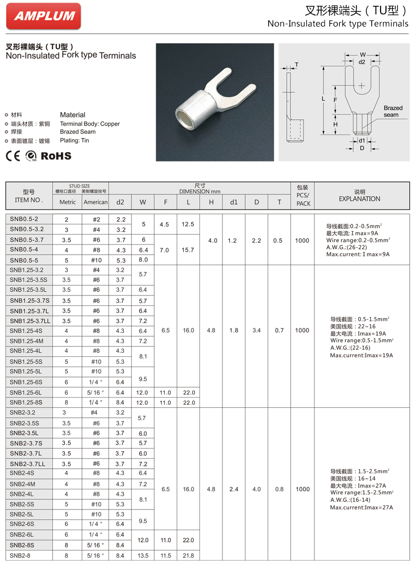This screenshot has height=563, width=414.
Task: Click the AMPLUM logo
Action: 44,16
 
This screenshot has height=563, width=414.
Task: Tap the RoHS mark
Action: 55,156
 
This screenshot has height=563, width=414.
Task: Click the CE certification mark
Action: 13,156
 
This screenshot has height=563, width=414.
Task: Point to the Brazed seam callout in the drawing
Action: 392,111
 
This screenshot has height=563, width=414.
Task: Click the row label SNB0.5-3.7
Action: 27,240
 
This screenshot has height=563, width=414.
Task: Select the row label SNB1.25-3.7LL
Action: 30,321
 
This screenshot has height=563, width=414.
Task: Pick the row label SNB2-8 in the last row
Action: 21,556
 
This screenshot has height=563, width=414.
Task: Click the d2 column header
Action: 120,202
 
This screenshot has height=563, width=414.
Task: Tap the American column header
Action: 95,202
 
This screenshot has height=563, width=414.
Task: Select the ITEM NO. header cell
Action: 29,196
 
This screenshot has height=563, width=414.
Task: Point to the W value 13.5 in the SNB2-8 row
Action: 143,556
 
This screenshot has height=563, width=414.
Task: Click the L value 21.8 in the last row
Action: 188,556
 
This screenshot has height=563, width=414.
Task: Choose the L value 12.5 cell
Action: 188,224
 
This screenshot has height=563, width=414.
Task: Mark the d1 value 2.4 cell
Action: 234,489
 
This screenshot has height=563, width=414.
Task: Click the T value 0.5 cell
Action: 279,241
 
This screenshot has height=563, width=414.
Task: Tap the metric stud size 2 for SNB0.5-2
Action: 67,219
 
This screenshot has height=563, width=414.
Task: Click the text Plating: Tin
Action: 75,140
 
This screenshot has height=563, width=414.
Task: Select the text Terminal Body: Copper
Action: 90,124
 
